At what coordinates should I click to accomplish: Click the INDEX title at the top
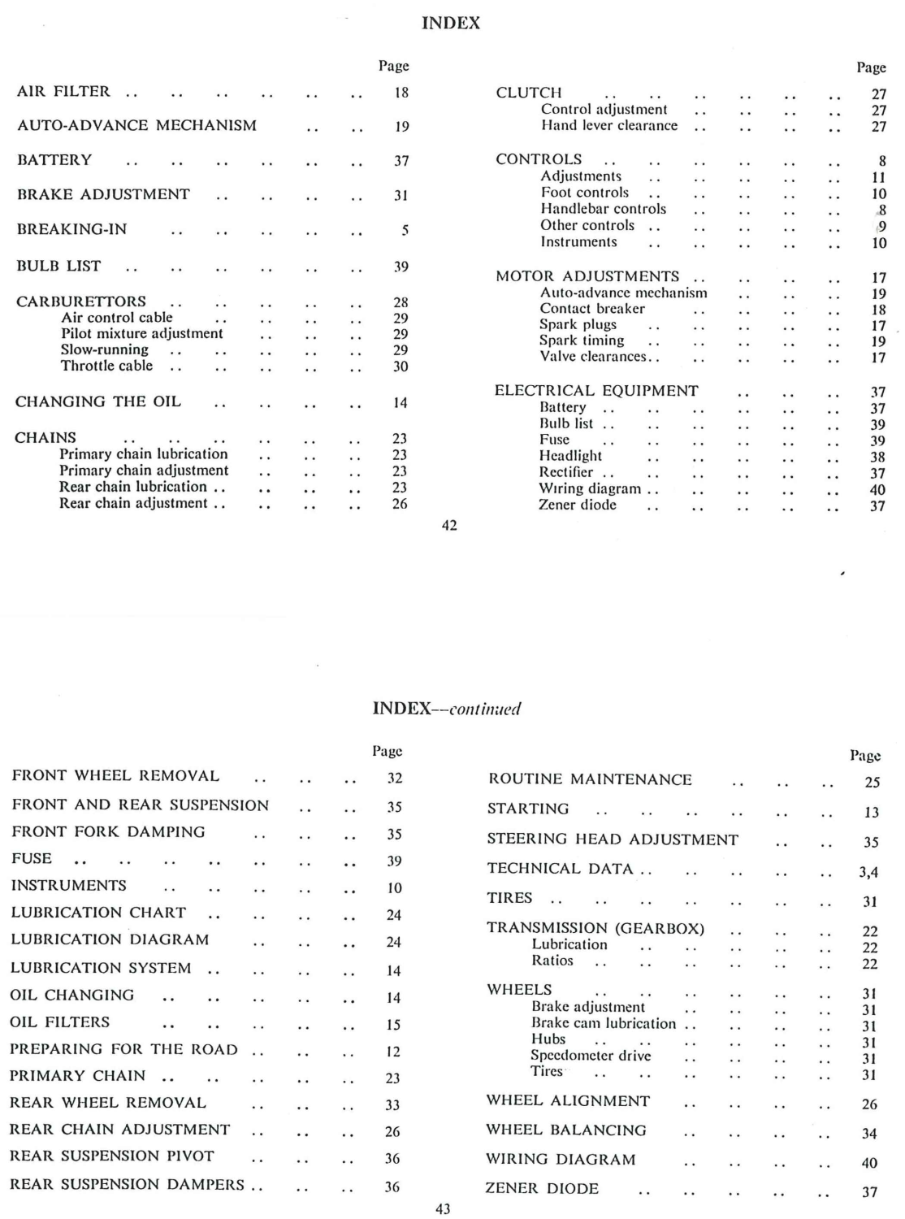(452, 24)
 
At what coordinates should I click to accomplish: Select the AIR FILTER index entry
(63, 92)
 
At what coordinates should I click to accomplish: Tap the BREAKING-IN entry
(71, 229)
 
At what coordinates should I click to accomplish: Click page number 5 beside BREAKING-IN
(404, 231)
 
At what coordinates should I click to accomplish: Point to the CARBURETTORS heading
(81, 301)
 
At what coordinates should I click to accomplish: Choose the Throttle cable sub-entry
(106, 366)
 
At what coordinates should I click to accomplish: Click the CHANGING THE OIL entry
(97, 401)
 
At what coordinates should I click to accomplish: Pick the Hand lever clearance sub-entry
(609, 126)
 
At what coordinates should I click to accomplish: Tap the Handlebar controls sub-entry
(603, 209)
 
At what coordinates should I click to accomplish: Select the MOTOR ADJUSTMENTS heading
(587, 276)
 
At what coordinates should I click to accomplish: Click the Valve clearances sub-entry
(593, 357)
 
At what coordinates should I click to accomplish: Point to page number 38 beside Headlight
(877, 458)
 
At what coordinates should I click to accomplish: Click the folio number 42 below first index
(448, 526)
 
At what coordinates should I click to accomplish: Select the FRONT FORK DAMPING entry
(108, 831)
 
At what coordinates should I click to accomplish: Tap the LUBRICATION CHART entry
(98, 913)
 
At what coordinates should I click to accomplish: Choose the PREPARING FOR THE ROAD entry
(123, 1049)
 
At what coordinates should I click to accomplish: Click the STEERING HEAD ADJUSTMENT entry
(613, 839)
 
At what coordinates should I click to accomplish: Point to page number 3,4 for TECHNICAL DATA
(868, 873)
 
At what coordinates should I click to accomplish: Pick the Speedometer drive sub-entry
(591, 1056)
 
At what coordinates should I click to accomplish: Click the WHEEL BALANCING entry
(566, 1130)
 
